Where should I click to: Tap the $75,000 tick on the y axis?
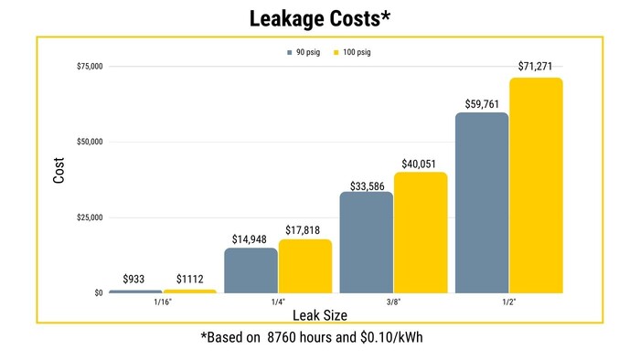pos(89,67)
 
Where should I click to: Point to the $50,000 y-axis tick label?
pos(89,143)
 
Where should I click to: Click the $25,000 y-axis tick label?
pos(89,217)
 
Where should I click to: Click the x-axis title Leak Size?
pos(321,314)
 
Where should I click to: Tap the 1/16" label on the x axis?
pos(164,302)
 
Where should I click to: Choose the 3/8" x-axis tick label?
pos(393,302)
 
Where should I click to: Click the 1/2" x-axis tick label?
pos(509,302)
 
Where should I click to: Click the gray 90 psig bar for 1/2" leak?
pos(482,203)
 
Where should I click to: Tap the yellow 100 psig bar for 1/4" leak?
pos(305,266)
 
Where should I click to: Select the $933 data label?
pos(135,280)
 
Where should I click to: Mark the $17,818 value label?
pos(305,229)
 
